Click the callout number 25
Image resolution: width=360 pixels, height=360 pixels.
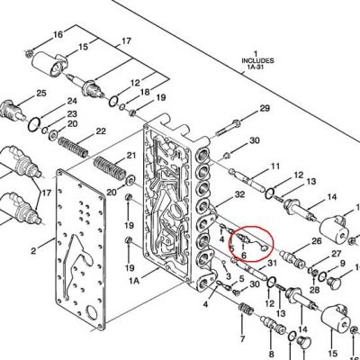(41, 94)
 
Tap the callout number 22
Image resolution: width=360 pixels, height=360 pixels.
(101, 131)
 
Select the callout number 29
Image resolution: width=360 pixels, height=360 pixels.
(265, 108)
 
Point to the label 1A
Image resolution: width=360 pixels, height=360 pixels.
(134, 281)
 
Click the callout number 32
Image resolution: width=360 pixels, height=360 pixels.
(239, 194)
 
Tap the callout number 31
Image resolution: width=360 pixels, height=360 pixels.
(272, 263)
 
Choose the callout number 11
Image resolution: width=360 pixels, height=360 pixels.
(274, 166)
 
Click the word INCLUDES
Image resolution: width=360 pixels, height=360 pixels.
(257, 60)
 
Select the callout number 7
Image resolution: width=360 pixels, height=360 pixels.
(242, 339)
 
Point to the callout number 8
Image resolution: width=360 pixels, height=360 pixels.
(272, 354)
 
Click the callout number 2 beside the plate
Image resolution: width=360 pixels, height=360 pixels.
(33, 251)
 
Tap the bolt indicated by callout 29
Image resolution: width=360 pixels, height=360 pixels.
(229, 127)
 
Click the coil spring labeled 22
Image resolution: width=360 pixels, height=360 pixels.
(73, 147)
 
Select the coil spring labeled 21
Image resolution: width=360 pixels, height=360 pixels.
(110, 168)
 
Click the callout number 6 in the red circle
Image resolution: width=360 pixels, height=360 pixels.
(243, 256)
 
